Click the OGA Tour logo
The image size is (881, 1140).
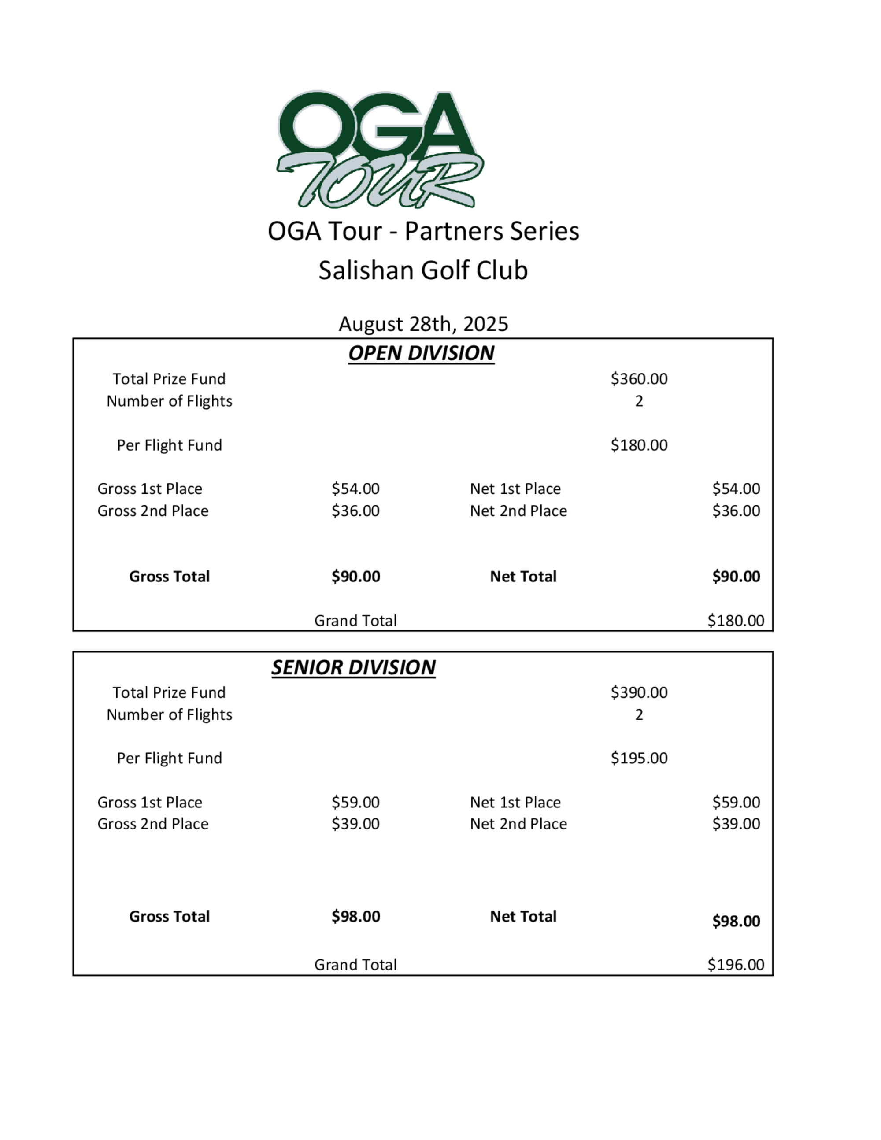point(380,149)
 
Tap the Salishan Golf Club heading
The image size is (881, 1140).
point(423,270)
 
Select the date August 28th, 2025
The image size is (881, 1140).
point(423,324)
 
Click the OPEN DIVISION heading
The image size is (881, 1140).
point(421,353)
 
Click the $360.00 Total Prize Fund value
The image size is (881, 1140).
point(639,379)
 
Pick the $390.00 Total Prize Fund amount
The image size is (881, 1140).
point(639,692)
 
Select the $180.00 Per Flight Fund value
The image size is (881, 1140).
point(639,445)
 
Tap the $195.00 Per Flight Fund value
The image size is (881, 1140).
point(639,758)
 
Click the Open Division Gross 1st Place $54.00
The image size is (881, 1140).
point(355,489)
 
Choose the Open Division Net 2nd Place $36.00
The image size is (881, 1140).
point(736,511)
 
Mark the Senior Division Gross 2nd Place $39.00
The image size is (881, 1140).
point(355,824)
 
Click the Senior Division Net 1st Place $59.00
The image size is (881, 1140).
point(736,802)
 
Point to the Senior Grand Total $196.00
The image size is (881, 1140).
point(735,965)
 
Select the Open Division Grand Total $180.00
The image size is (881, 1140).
point(735,621)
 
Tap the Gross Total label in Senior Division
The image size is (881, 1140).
point(169,917)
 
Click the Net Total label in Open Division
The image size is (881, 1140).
point(523,577)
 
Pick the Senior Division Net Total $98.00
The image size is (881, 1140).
point(736,921)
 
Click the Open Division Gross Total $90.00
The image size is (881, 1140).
point(355,577)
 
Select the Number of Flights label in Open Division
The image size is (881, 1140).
point(169,401)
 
